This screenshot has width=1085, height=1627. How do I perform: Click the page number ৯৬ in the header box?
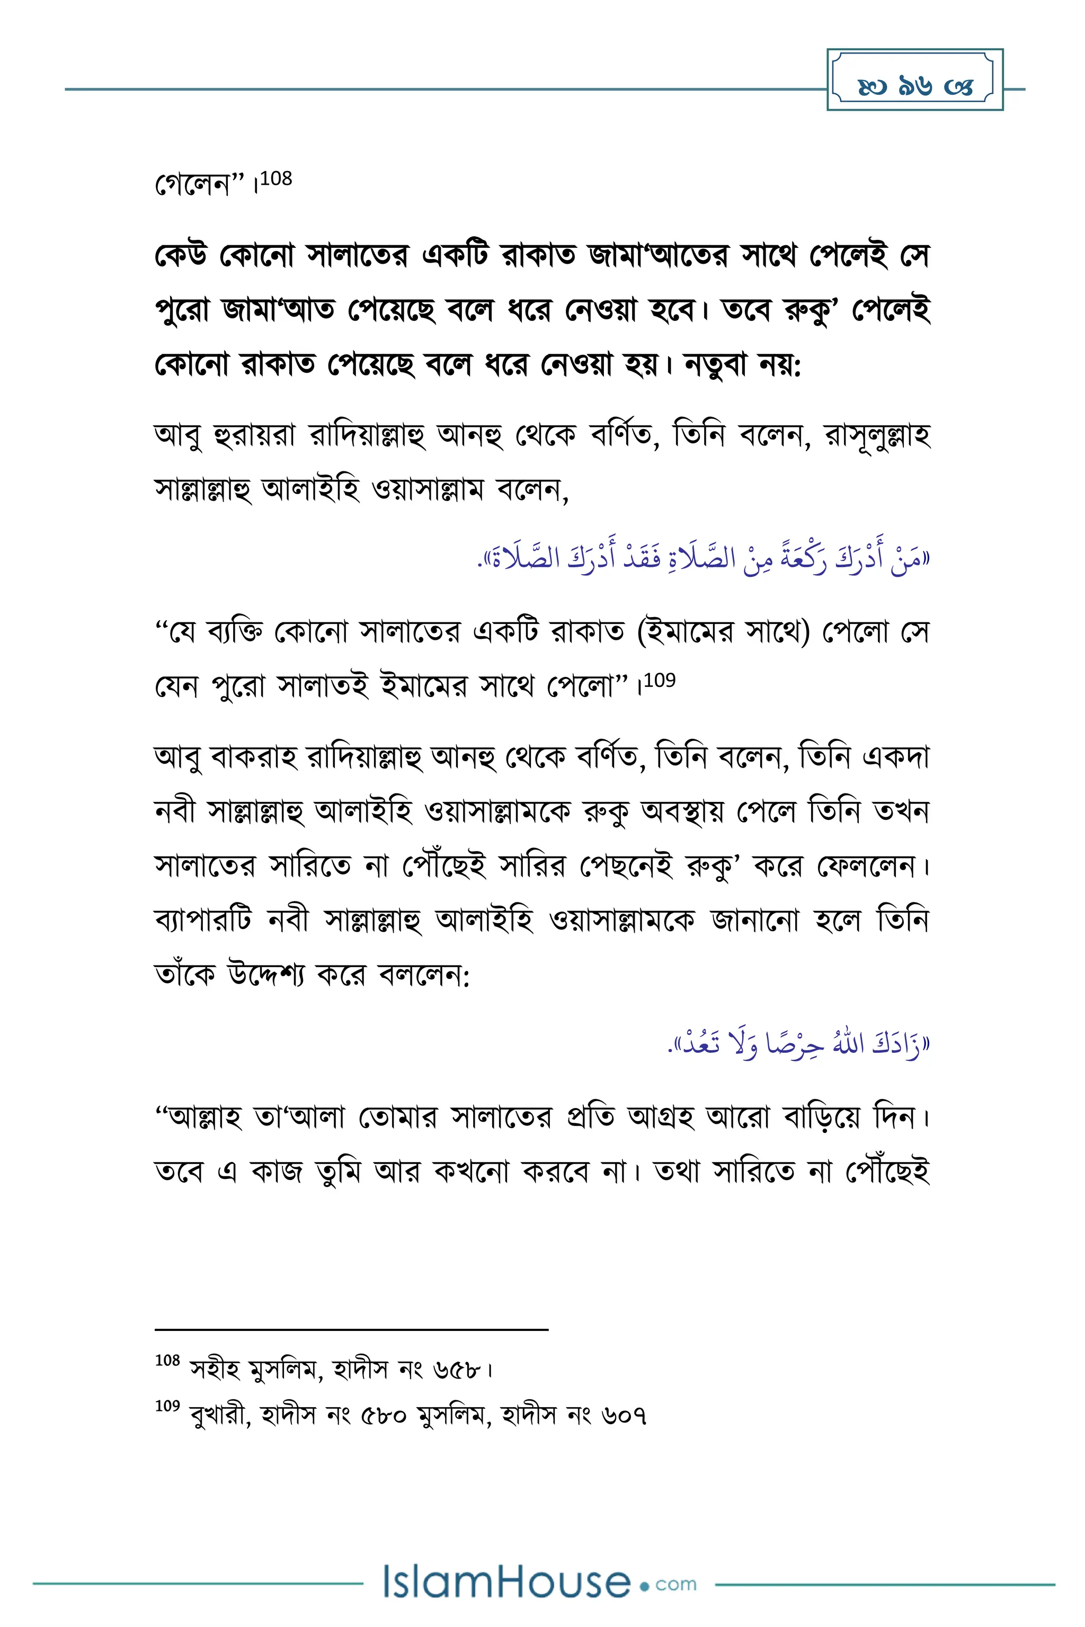[915, 86]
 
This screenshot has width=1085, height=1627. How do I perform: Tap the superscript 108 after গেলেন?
[276, 179]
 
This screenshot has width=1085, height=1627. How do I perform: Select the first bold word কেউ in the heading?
[181, 255]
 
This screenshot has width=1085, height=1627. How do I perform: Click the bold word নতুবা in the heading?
[715, 364]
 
